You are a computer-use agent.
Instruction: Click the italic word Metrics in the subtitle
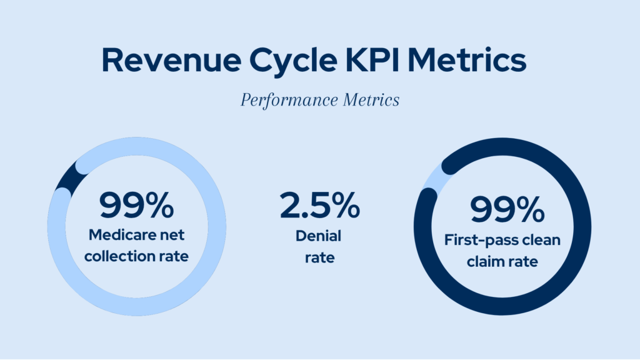point(368,100)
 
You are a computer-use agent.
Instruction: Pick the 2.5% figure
point(319,205)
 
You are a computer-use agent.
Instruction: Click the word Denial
point(319,236)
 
